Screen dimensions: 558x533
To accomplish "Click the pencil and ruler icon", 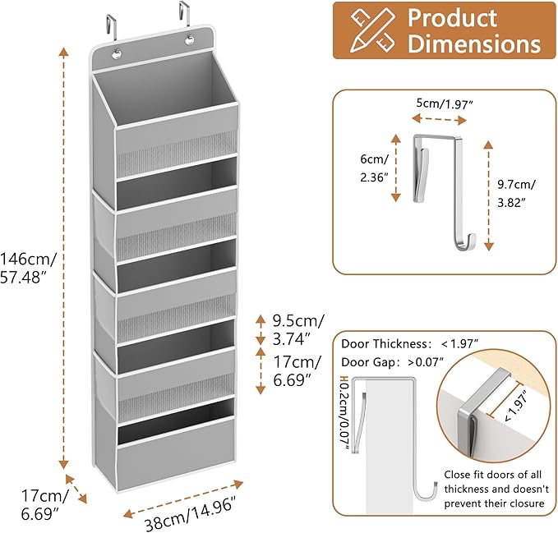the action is tap(372, 30).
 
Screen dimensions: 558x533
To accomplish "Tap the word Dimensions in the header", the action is tap(474, 44).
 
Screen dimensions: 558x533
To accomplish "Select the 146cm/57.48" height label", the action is tap(28, 268).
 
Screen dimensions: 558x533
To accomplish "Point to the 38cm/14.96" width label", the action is tap(191, 513).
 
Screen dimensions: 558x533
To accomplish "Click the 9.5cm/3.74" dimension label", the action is tap(298, 329).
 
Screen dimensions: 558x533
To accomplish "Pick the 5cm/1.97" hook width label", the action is tap(445, 103).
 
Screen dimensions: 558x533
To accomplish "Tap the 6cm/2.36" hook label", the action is tap(374, 168).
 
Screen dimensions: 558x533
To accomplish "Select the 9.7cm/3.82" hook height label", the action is tap(516, 193).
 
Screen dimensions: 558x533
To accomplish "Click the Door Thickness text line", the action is tap(409, 343).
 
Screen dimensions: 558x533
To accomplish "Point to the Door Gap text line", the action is tap(393, 362).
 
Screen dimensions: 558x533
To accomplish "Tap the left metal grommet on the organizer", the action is tap(117, 54).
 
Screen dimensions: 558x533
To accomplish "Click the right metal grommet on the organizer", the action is tap(190, 39).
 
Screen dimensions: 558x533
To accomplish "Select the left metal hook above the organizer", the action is tap(111, 29).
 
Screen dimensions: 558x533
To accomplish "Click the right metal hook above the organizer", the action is tap(184, 14).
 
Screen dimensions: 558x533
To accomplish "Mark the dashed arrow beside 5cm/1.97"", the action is tap(439, 119).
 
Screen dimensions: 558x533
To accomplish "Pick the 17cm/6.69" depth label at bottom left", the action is tap(44, 503).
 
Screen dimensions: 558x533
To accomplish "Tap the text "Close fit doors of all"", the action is tap(492, 475).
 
